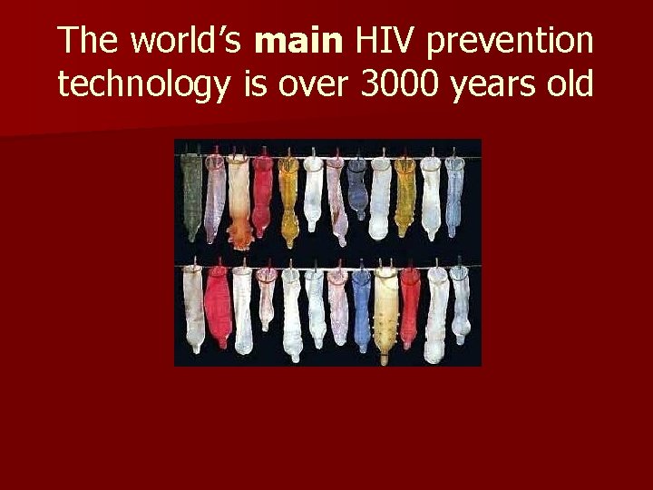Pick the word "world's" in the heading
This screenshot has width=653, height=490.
pos(188,41)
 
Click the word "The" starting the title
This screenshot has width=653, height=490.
pos(88,41)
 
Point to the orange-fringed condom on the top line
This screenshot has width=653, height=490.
pos(239,200)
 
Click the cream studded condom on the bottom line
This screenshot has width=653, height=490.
pos(385,313)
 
